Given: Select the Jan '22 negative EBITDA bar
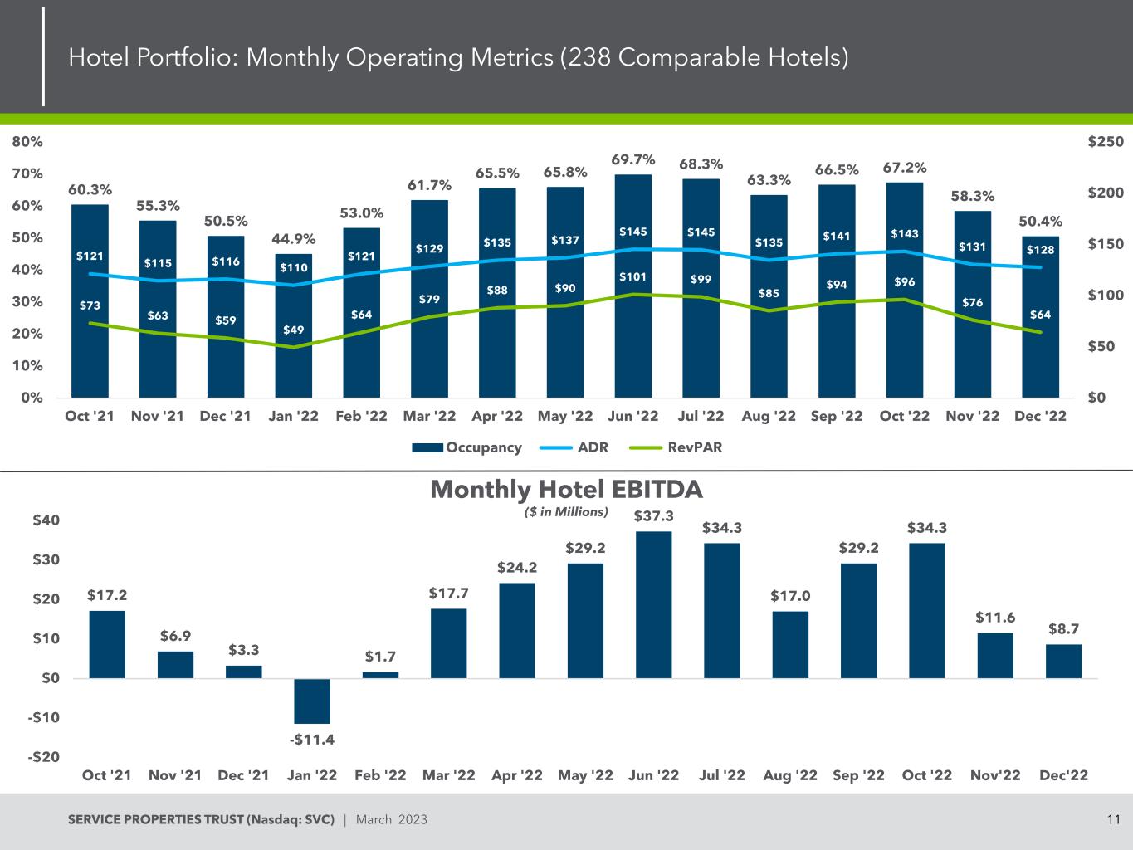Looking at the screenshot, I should coord(312,701).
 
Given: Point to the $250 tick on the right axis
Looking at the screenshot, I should coord(1106,142).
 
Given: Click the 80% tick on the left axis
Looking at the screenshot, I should coord(28,142).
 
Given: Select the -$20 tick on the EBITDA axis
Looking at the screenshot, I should coord(46,757).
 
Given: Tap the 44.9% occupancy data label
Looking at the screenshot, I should coord(294,240).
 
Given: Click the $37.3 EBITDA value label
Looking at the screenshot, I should coord(654,516).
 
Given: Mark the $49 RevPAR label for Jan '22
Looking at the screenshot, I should coord(293,330).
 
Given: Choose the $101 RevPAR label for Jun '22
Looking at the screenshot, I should coord(633,276).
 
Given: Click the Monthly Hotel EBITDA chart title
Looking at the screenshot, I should coord(566,490).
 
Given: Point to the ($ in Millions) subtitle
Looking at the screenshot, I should coord(566,512).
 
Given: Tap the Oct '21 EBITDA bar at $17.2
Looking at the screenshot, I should coord(107,645).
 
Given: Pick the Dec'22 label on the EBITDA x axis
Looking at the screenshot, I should coord(1063,775).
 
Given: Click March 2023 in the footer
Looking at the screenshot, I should coord(391,820).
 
